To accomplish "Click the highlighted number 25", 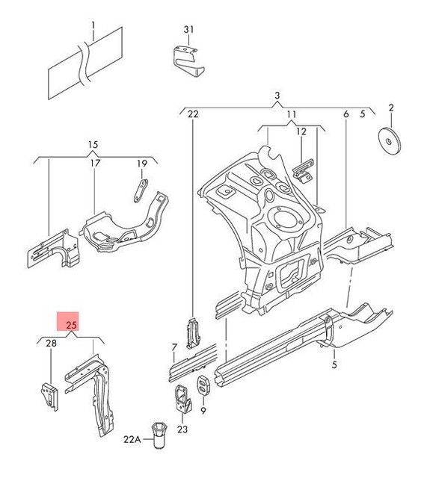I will tap(72, 325).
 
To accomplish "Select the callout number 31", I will tap(188, 29).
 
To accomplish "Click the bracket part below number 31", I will tap(186, 60).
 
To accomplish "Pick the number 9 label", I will tap(203, 410).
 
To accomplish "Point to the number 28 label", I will tap(50, 344).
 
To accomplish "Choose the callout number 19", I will tap(141, 164).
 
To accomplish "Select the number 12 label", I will tap(301, 131).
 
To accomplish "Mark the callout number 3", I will tap(276, 96).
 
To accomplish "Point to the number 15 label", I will tap(93, 144).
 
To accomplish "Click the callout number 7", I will tap(173, 347).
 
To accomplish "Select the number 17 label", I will tap(95, 164).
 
